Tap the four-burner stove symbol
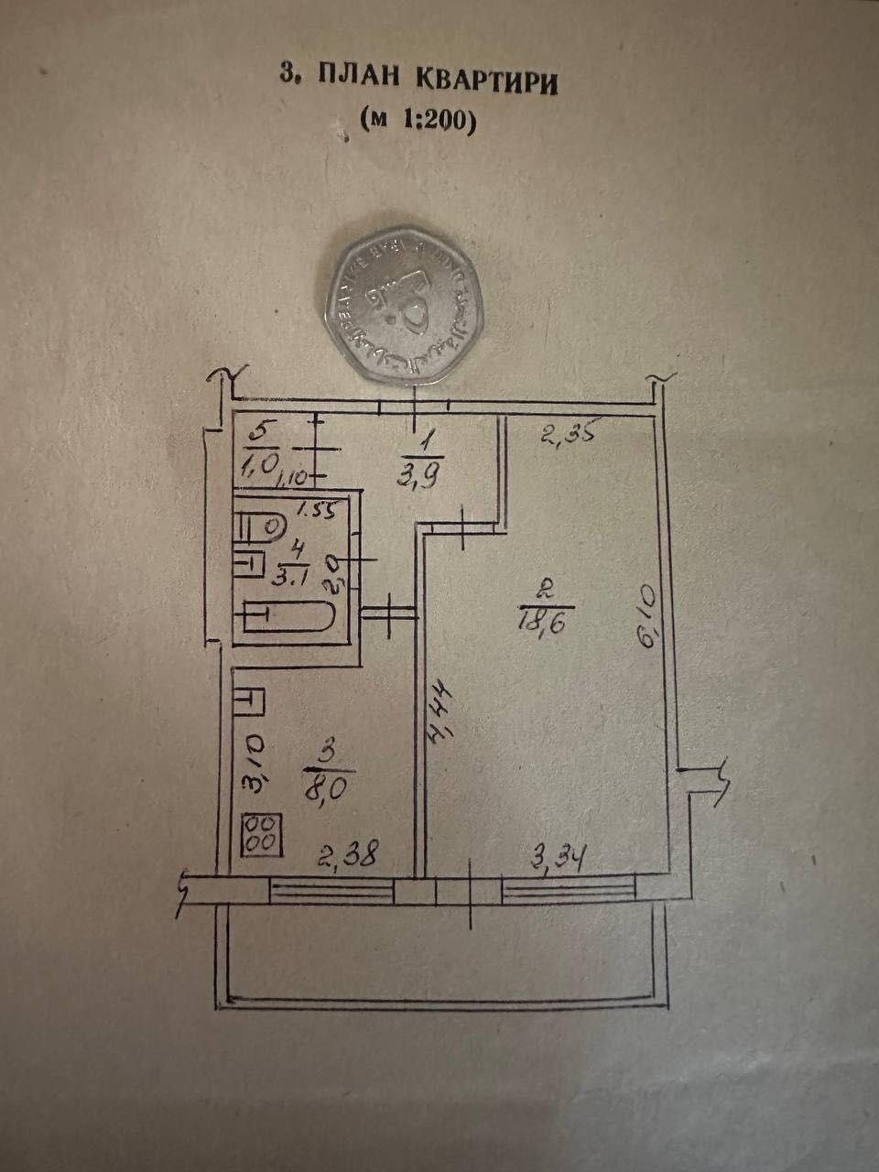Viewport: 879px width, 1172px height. (x=262, y=835)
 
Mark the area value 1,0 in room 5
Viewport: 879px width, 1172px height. (x=260, y=463)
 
